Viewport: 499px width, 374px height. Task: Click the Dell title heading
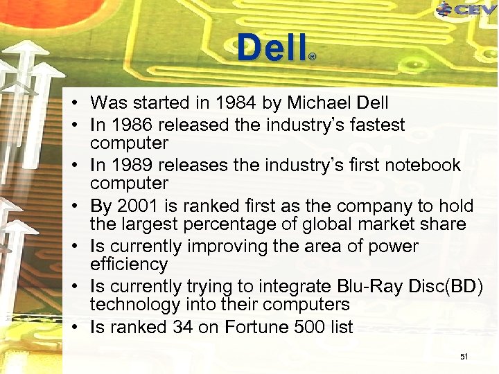(x=271, y=48)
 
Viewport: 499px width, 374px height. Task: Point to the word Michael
(x=317, y=104)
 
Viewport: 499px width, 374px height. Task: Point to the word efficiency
(x=129, y=265)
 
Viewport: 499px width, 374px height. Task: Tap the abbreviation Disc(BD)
(x=450, y=287)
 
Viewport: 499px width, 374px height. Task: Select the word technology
(x=135, y=305)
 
